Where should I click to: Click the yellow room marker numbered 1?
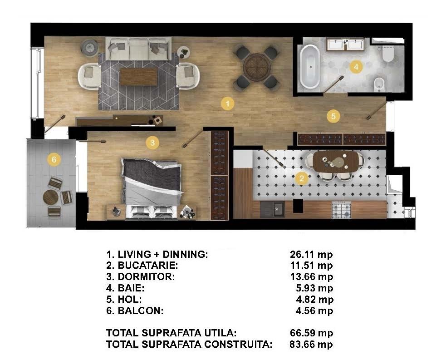point(227,104)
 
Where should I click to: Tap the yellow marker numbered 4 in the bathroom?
point(356,67)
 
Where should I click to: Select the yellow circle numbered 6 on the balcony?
point(54,160)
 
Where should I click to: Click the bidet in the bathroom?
point(378,84)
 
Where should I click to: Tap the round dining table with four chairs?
point(256,68)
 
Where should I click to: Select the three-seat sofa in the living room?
point(138,49)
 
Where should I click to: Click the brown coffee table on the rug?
point(138,77)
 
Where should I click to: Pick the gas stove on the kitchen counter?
point(342,210)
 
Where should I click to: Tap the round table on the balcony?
point(51,197)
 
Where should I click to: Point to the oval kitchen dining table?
point(336,161)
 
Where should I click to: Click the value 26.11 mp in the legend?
point(311,254)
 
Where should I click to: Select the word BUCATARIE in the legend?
point(148,265)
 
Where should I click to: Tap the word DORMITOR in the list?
point(146,276)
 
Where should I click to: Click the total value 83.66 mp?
point(311,344)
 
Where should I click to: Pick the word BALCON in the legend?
point(141,311)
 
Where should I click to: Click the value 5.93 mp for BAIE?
point(314,288)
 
